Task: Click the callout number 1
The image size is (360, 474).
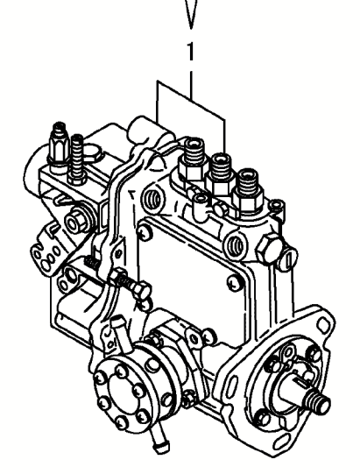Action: tap(190, 51)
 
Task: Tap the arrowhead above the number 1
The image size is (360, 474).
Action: tap(190, 14)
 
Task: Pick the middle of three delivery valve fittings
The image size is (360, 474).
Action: tap(221, 173)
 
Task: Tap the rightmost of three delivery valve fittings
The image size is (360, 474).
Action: tap(248, 190)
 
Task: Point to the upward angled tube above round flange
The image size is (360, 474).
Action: tap(121, 332)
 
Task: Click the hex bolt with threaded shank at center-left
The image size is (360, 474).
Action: tap(130, 283)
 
